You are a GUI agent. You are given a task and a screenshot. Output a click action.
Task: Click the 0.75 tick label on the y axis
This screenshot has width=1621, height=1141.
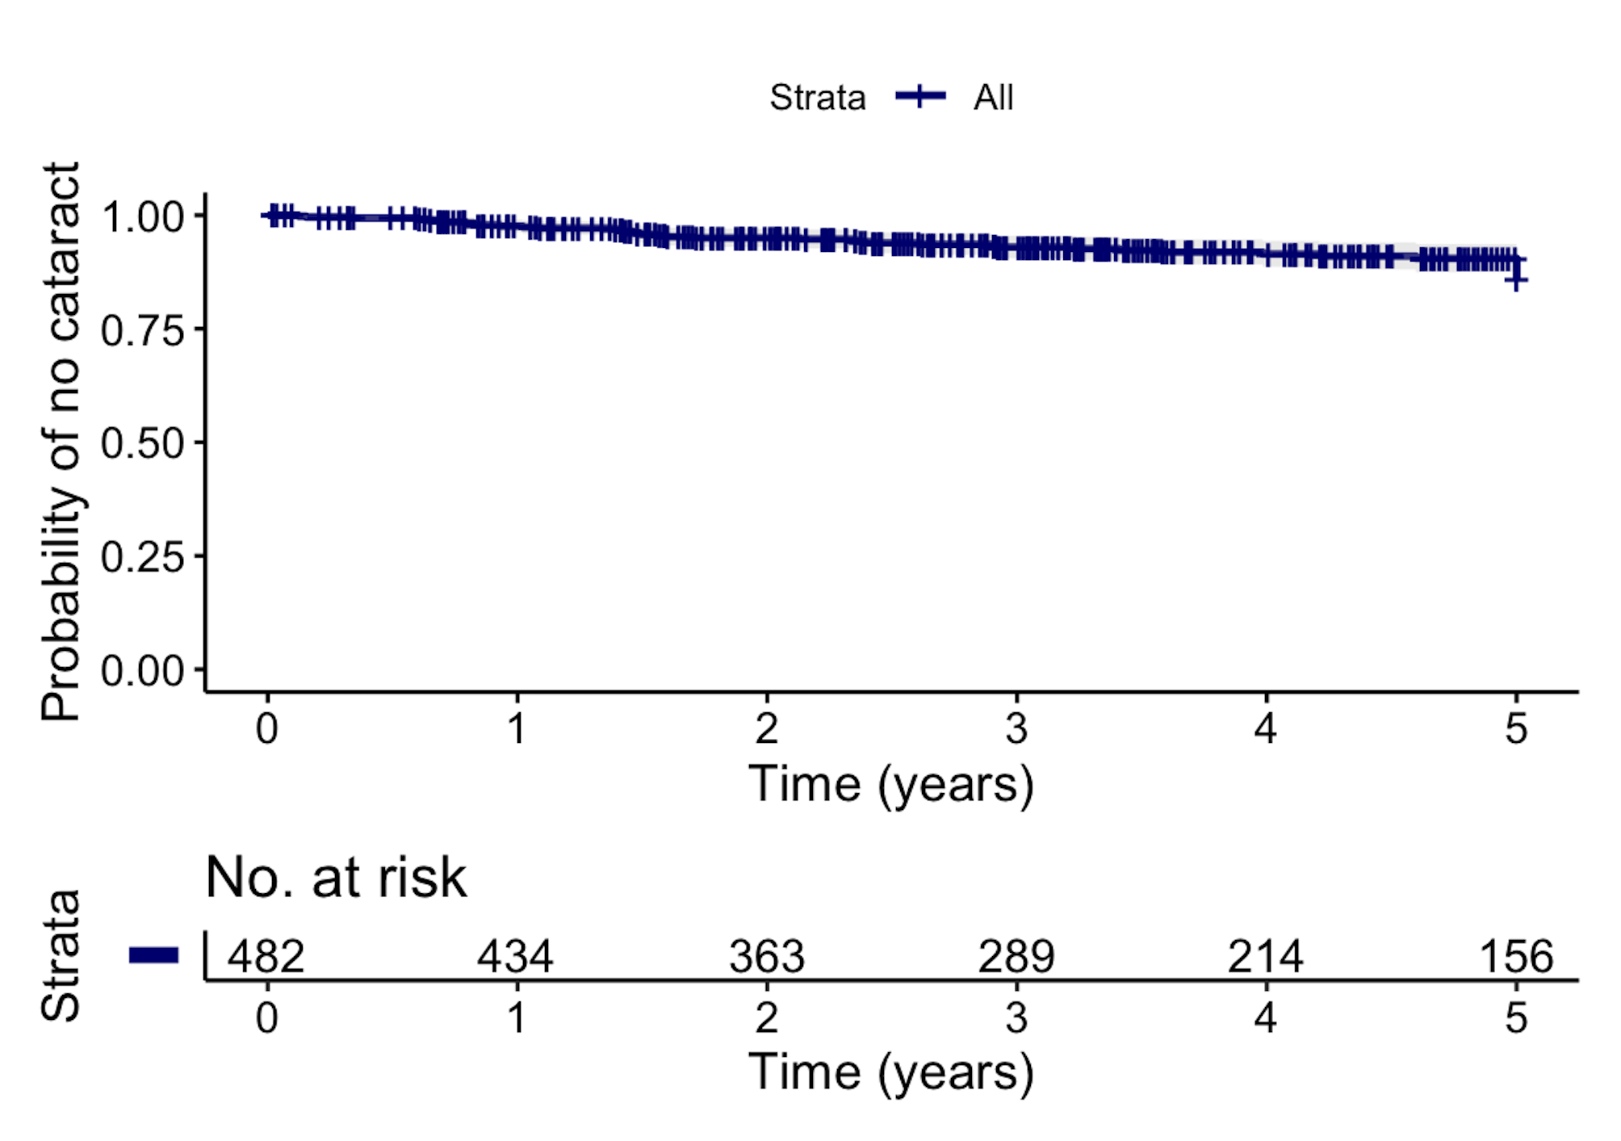[x=142, y=330]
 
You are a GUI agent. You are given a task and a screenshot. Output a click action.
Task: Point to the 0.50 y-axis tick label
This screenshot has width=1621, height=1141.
[x=142, y=443]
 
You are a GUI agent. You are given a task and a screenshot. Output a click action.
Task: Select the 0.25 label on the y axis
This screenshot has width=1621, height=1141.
[x=142, y=557]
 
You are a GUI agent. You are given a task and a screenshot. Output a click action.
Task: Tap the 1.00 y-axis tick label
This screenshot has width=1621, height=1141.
[x=142, y=216]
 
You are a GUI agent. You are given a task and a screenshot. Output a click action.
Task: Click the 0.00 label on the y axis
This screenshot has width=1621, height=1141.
[x=142, y=671]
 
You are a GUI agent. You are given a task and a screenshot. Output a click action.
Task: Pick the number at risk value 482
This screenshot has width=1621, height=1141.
[x=266, y=957]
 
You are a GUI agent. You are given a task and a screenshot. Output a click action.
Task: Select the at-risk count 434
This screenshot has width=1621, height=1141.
[x=515, y=957]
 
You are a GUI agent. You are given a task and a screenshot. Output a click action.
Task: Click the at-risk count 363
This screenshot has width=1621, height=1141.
[x=766, y=957]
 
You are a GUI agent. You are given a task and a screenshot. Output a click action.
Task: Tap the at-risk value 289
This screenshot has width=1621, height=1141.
[x=1016, y=957]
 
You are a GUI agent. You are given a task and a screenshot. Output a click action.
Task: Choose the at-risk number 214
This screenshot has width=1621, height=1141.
[x=1265, y=957]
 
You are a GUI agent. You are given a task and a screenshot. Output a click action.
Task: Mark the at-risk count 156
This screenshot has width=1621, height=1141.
[x=1515, y=957]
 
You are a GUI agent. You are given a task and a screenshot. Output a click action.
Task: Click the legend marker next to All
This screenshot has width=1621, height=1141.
[x=920, y=97]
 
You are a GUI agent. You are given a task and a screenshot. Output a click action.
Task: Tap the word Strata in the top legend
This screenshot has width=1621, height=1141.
[x=817, y=98]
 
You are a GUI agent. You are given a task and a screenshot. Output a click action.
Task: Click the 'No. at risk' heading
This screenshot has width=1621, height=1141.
[x=336, y=878]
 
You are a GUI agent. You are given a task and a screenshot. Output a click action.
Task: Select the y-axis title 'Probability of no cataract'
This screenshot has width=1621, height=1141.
[x=61, y=441]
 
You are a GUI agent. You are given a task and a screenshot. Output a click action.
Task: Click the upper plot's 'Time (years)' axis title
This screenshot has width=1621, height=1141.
[x=890, y=784]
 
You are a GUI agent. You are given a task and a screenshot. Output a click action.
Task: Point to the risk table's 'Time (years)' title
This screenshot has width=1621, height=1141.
[x=890, y=1072]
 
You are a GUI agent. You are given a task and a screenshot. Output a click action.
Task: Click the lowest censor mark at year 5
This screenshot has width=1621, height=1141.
[x=1516, y=280]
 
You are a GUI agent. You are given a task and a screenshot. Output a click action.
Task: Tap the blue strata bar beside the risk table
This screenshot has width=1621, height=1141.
[x=153, y=955]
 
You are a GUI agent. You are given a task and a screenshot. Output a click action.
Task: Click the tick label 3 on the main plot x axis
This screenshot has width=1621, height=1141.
[x=1016, y=729]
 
